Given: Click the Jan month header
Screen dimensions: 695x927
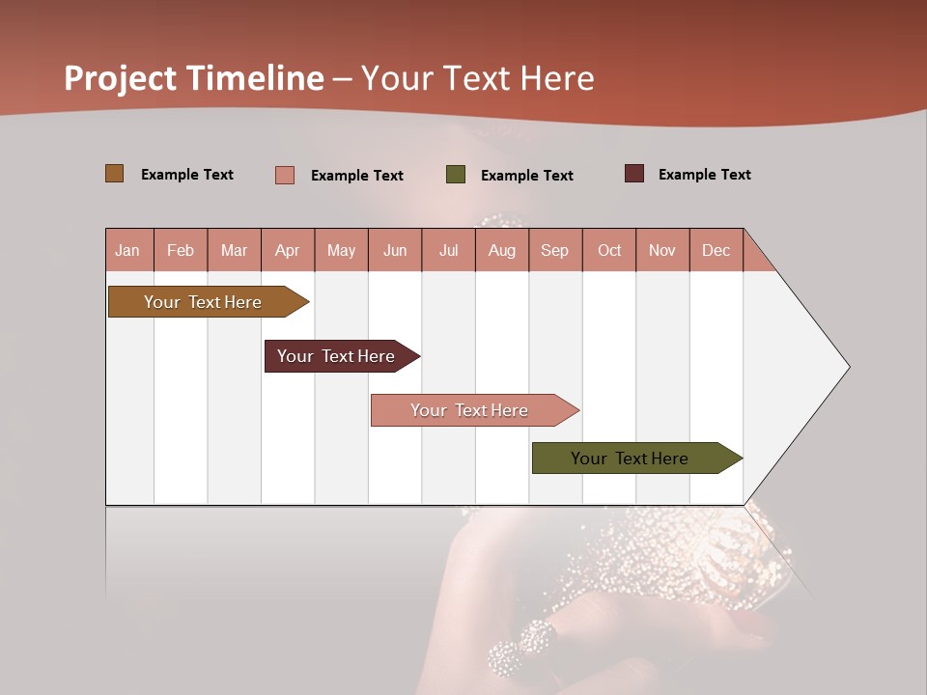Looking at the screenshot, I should (128, 250).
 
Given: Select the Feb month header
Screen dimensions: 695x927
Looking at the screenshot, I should (181, 250).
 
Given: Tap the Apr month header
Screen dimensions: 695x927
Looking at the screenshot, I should (288, 250).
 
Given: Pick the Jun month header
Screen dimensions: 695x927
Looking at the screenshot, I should (395, 250).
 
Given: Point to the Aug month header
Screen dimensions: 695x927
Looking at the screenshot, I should (502, 250).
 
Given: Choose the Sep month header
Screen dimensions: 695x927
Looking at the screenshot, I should (555, 250).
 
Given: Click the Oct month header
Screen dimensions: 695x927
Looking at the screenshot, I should (609, 250).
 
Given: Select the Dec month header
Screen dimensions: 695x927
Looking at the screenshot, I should (716, 250).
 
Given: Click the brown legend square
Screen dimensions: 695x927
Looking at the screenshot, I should (115, 174).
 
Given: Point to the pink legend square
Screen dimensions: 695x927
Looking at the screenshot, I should (285, 175).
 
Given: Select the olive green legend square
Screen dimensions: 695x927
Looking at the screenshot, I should (456, 175).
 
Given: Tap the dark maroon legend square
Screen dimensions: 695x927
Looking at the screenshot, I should (634, 174).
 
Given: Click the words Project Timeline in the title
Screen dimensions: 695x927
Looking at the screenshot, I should (194, 78).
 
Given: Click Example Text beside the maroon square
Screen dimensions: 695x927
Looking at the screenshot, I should (704, 175).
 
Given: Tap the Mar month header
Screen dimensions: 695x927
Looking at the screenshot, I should (234, 250).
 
